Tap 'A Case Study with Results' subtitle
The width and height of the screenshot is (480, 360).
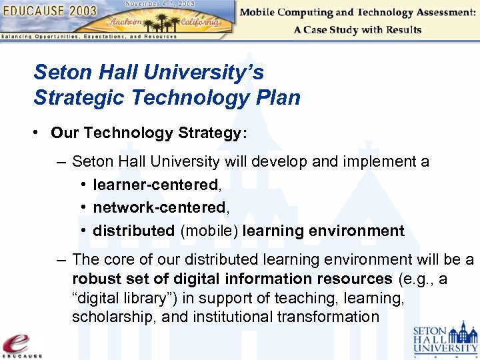[x=357, y=29]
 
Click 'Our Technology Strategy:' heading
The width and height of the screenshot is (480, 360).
[x=149, y=133]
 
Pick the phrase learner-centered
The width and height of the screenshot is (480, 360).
[x=155, y=184]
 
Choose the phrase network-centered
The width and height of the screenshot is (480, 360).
[x=159, y=207]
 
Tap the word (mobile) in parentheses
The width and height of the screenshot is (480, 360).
[x=209, y=231]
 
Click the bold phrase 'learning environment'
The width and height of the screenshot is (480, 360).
[x=323, y=231]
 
